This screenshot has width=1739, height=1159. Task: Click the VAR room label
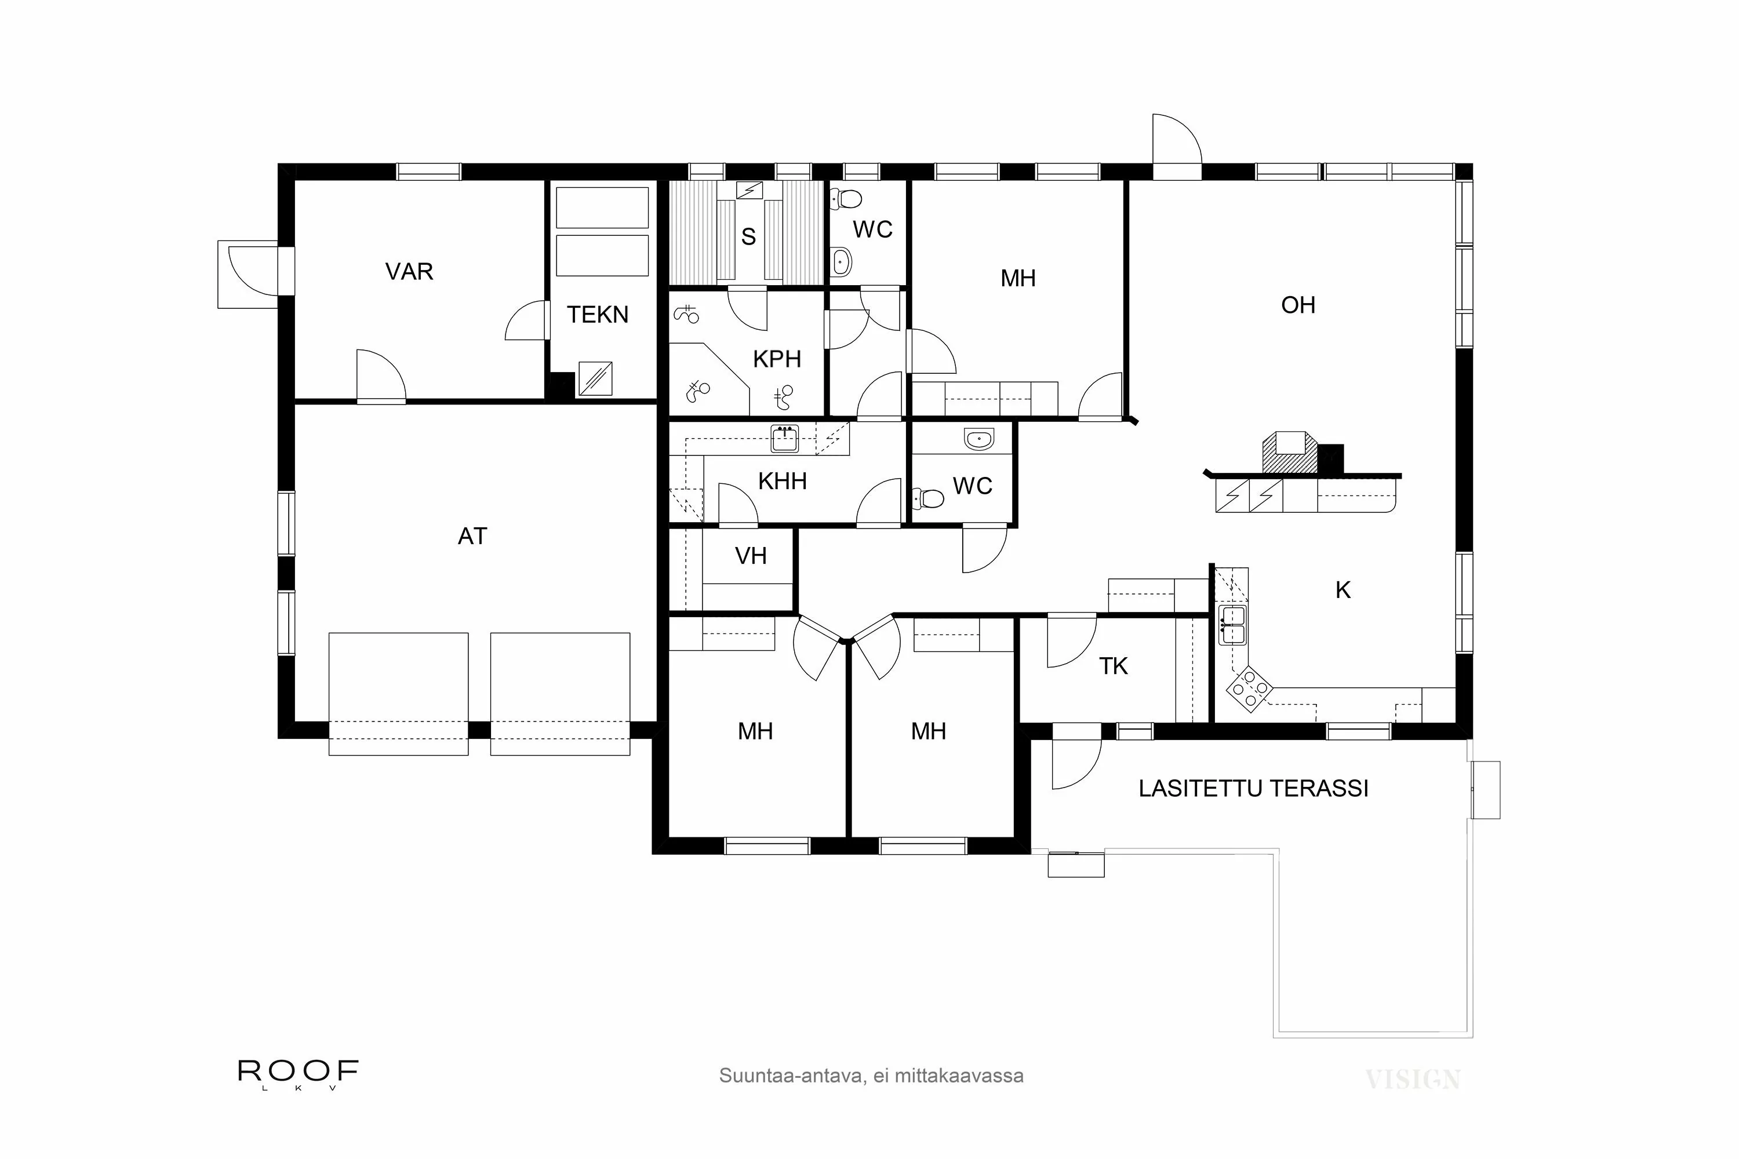pos(409,272)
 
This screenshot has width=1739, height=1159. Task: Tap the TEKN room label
pos(598,315)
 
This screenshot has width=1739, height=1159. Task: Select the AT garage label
pos(472,537)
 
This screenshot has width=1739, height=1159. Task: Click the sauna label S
pos(748,237)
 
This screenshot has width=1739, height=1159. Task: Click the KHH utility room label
pos(782,482)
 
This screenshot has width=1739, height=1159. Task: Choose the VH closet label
pos(751,556)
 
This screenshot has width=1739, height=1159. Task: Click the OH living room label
pos(1298,305)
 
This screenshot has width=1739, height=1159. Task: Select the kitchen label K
pos(1343,591)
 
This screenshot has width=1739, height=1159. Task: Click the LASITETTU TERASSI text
pos(1253,789)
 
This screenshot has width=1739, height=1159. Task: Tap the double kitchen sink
pos(1232,625)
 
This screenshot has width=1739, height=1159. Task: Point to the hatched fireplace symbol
pos(1289,453)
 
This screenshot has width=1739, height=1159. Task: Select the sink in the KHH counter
pos(784,439)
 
